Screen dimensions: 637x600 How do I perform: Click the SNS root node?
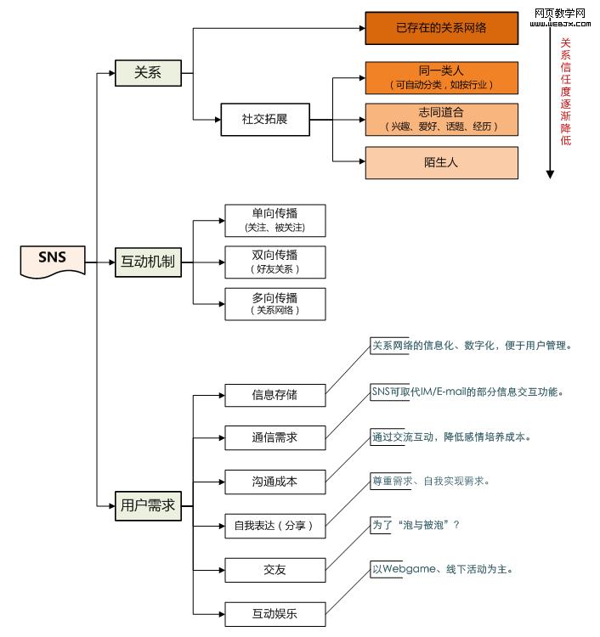coord(52,261)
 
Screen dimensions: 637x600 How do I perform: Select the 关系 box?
coord(148,73)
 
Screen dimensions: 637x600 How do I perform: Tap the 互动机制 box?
coord(148,262)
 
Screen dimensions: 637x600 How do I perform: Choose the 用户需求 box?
coord(148,505)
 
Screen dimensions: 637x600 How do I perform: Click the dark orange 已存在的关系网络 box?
coord(441,28)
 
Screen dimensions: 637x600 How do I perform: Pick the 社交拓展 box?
coord(264,119)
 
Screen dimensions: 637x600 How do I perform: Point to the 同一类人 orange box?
coord(441,77)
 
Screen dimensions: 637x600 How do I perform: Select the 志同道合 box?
coord(441,119)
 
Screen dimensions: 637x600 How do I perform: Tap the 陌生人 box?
coord(441,162)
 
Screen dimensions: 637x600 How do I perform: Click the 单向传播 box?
coord(275,220)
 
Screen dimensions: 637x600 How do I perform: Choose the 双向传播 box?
coord(275,262)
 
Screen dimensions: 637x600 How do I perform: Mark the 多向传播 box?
coord(275,303)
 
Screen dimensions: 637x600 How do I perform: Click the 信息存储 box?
coord(275,394)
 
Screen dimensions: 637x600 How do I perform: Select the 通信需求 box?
coord(275,438)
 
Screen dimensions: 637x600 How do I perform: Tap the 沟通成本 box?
coord(275,482)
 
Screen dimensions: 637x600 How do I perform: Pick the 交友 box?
coord(275,569)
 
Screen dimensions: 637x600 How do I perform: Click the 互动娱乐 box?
coord(275,613)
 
